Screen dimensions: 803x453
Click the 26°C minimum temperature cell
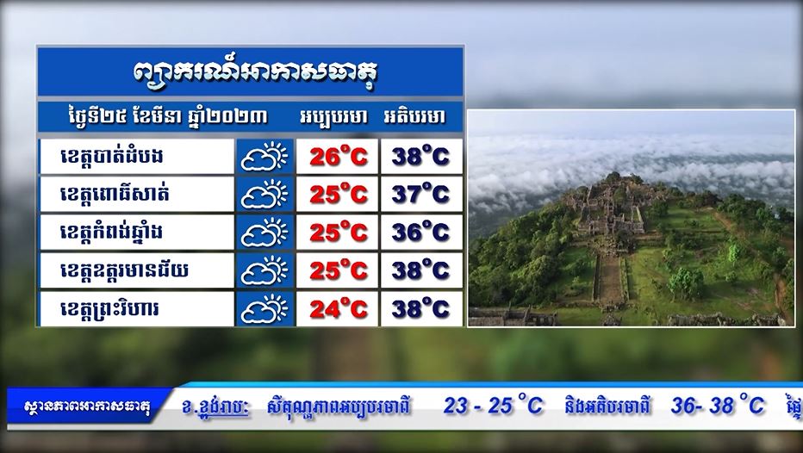tap(338, 156)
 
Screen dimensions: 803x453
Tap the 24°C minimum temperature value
tap(338, 308)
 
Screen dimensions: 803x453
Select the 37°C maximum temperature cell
tap(421, 194)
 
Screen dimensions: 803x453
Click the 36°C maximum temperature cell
tap(421, 233)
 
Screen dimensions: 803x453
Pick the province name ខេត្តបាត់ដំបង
tap(112, 156)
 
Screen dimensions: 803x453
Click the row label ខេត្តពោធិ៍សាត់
tap(115, 194)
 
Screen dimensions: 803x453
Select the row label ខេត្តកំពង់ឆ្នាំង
tap(111, 233)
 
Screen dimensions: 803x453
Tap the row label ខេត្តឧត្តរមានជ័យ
tap(124, 270)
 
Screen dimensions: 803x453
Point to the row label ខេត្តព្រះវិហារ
tap(109, 309)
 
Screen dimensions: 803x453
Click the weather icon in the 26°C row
tap(265, 156)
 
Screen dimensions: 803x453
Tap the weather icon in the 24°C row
tap(265, 308)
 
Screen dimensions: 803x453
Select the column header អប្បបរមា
tap(333, 117)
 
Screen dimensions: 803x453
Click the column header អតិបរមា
tap(414, 117)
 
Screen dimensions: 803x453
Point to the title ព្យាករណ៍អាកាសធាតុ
tap(254, 71)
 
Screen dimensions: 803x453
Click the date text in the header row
tap(167, 117)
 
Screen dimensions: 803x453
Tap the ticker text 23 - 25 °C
tap(493, 406)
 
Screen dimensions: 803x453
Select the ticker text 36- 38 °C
tap(718, 406)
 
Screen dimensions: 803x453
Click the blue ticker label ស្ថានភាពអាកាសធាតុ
tap(87, 408)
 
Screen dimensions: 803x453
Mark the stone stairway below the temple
tap(610, 279)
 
